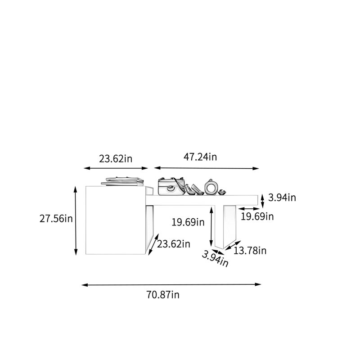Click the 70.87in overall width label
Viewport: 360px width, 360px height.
163,295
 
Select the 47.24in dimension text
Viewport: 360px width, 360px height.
200,157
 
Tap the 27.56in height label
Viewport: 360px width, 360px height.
56,219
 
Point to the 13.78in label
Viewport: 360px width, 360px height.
250,251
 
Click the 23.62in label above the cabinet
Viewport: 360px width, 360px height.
116,159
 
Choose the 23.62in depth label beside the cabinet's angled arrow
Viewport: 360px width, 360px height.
174,244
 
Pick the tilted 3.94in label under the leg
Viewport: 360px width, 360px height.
215,259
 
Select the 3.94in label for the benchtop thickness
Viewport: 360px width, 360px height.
282,198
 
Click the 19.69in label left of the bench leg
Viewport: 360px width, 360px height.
188,222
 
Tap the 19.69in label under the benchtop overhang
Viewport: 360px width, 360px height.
257,216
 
